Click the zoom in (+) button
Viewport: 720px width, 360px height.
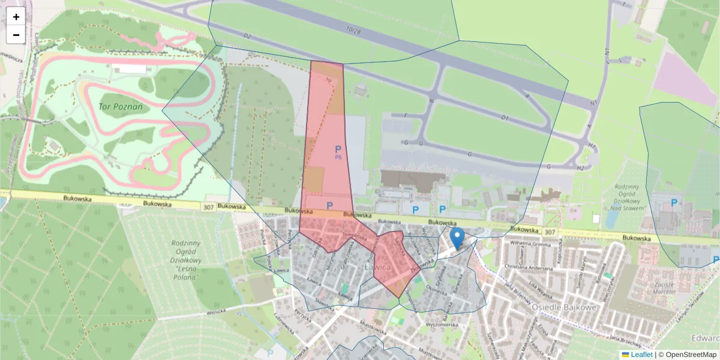pyautogui.click(x=16, y=17)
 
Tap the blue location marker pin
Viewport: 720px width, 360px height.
pyautogui.click(x=457, y=238)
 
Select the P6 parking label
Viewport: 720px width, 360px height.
pyautogui.click(x=338, y=157)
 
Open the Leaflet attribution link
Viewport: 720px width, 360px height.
pyautogui.click(x=641, y=355)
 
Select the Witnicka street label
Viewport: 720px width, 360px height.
pyautogui.click(x=215, y=312)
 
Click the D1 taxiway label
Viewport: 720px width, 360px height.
pyautogui.click(x=505, y=118)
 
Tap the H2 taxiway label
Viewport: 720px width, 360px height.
pyautogui.click(x=580, y=168)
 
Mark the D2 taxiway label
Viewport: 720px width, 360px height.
pyautogui.click(x=247, y=37)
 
